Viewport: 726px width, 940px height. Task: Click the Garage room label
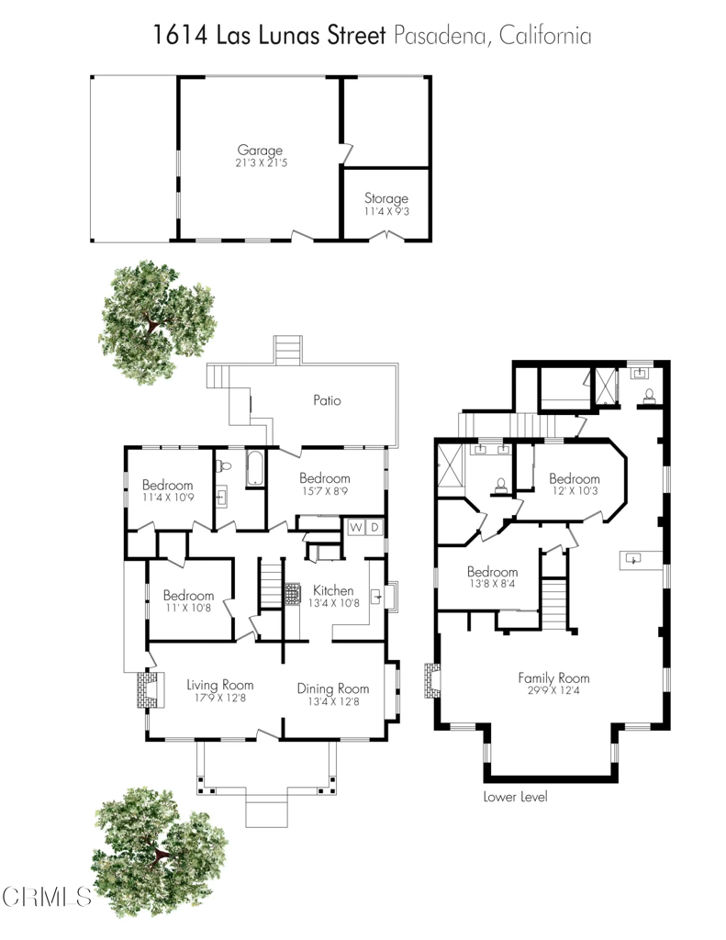pos(260,150)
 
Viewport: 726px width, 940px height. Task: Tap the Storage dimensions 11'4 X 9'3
pos(386,212)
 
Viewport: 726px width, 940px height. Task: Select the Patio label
pos(328,400)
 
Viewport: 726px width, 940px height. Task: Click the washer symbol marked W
pos(356,528)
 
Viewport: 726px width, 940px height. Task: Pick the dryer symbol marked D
pos(374,528)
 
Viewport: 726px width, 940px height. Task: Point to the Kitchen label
pos(333,590)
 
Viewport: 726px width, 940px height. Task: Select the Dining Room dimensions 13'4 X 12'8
pos(333,701)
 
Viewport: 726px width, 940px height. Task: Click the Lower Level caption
pos(515,797)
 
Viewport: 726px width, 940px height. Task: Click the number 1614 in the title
pos(180,36)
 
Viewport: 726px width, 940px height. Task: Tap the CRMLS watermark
pos(46,897)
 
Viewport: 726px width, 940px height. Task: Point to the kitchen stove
pos(292,594)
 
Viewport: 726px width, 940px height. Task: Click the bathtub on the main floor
pos(255,469)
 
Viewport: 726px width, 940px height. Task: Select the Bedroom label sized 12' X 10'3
pos(575,478)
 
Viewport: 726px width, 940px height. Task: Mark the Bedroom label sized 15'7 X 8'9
pos(324,477)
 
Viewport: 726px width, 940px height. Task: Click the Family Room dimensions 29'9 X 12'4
pos(553,690)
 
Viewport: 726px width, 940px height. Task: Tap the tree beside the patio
pos(158,322)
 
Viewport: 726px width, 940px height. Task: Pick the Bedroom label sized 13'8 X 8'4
pos(492,571)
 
